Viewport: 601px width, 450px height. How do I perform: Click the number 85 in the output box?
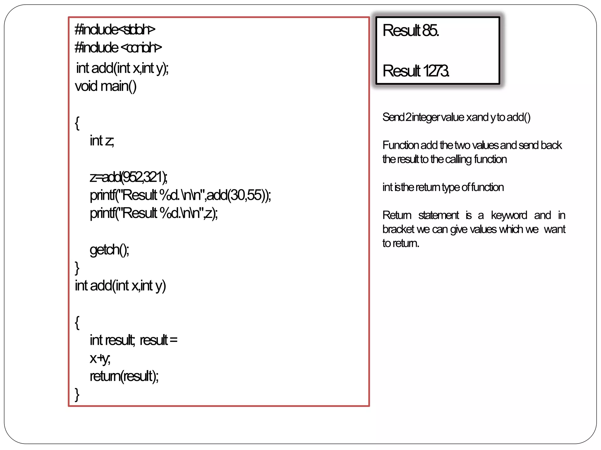click(431, 30)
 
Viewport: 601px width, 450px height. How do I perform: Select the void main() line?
click(106, 86)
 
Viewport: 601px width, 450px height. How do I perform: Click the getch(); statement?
click(109, 250)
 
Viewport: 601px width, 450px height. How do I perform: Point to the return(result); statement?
click(124, 376)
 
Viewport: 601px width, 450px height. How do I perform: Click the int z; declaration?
click(102, 141)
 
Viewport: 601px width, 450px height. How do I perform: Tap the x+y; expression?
click(100, 358)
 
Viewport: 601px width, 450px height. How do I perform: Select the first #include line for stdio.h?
click(115, 30)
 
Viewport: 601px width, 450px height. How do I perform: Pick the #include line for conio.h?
click(118, 47)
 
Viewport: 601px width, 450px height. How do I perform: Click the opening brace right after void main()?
click(77, 123)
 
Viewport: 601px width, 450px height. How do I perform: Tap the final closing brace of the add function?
click(77, 394)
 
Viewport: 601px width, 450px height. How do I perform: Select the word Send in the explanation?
click(394, 117)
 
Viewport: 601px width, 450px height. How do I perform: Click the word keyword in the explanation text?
click(509, 215)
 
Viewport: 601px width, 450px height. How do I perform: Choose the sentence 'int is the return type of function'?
click(443, 187)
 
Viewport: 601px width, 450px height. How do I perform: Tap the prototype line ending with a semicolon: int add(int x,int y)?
click(122, 68)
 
